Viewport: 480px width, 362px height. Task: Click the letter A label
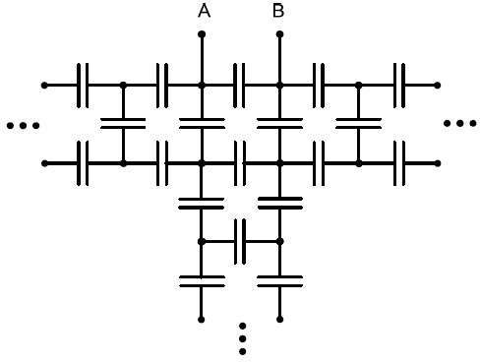[204, 11]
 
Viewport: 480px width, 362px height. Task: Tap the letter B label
[278, 11]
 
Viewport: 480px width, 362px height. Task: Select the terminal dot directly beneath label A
[202, 34]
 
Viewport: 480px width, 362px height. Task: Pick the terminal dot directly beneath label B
[279, 34]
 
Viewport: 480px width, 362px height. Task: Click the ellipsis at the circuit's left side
[24, 125]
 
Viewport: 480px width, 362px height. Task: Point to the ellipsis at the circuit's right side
[459, 123]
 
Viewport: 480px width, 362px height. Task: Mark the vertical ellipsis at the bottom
[242, 338]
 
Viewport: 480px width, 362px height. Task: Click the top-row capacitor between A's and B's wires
[239, 86]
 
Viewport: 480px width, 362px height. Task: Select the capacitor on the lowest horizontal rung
[240, 242]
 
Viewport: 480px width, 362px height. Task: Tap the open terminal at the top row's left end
[44, 86]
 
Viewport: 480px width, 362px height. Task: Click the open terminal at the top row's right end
[438, 86]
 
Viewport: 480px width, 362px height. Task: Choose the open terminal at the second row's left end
[44, 163]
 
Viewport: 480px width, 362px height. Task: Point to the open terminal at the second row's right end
[438, 163]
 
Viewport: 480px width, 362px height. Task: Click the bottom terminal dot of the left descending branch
[202, 320]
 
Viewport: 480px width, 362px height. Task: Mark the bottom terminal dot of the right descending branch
[279, 320]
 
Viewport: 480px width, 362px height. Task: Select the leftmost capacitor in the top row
[83, 86]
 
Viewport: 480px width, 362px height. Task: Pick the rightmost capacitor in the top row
[399, 86]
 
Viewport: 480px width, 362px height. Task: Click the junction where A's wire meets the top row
[202, 86]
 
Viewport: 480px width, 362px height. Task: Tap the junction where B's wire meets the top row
[279, 86]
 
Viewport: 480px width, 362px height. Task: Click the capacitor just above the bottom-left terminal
[202, 281]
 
